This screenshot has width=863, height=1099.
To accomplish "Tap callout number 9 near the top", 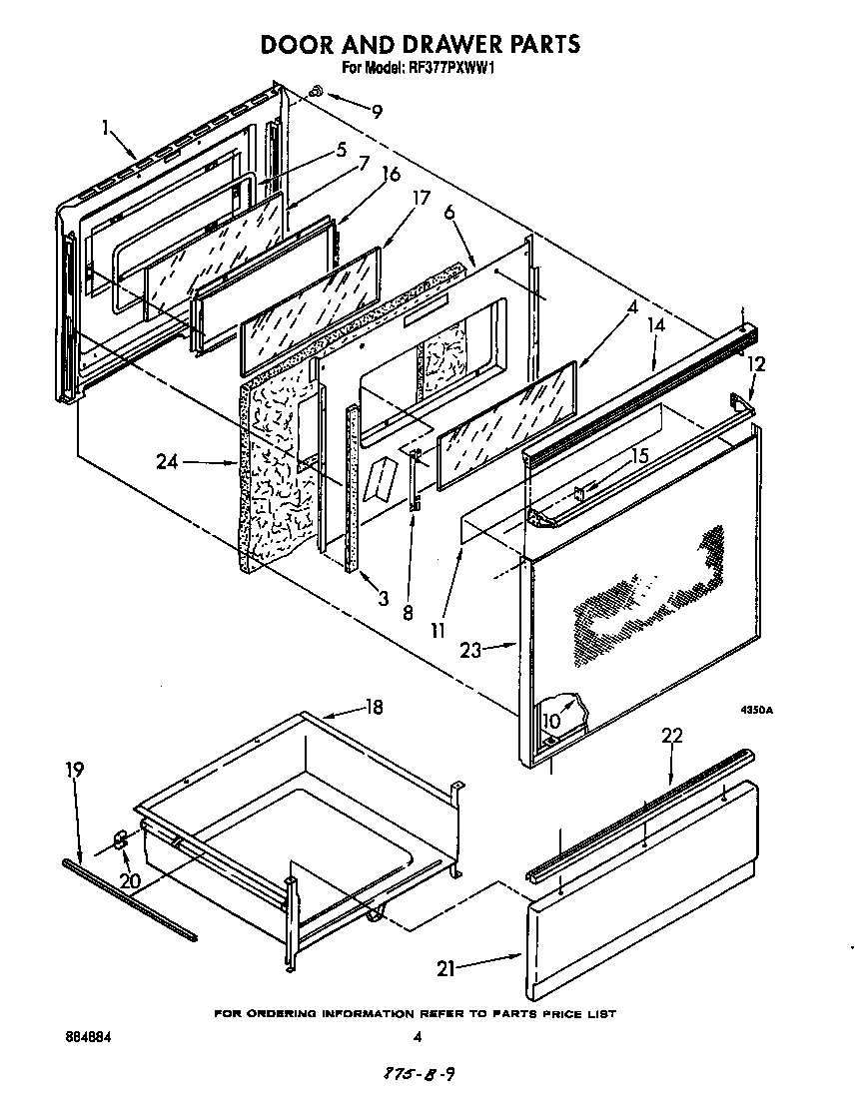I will (x=377, y=112).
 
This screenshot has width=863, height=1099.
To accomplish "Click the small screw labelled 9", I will (x=315, y=91).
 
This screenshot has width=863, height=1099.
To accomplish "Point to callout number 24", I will (x=167, y=462).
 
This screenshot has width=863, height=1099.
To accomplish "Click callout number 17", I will (x=422, y=198).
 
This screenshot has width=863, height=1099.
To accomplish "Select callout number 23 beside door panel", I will (x=470, y=650).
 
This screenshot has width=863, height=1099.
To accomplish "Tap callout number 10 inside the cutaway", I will (x=551, y=721).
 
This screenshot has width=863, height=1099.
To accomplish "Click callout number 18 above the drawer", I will (x=374, y=708).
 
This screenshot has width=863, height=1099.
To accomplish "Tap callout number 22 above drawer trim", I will (x=672, y=736).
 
